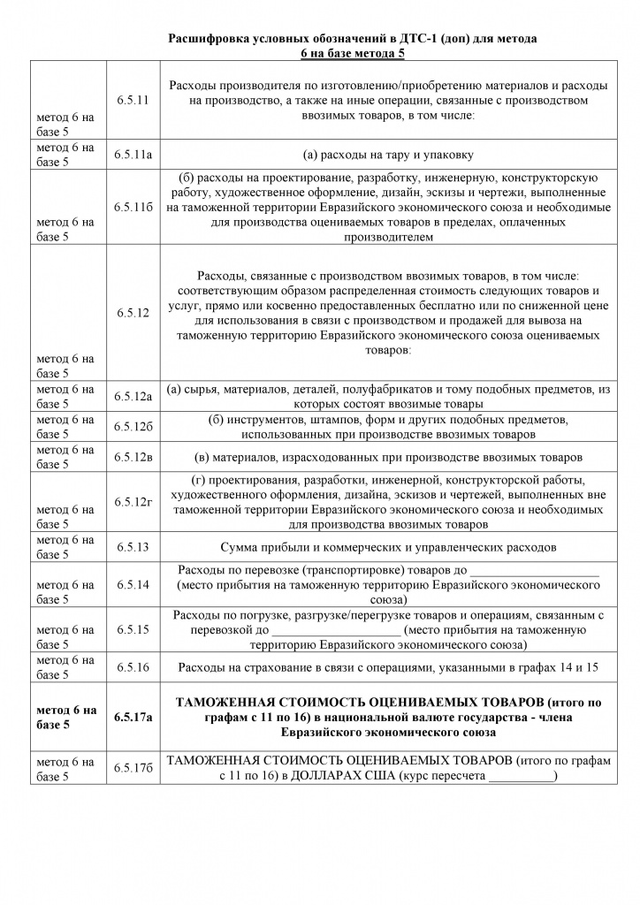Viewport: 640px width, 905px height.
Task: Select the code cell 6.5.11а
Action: [x=133, y=155]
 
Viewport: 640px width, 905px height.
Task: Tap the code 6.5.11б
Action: [x=133, y=207]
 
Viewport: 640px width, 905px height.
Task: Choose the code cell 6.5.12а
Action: [x=133, y=396]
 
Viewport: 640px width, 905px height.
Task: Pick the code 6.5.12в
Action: [x=133, y=458]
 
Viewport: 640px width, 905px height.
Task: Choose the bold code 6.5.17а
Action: [x=133, y=717]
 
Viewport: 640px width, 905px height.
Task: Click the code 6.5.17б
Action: [x=133, y=767]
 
